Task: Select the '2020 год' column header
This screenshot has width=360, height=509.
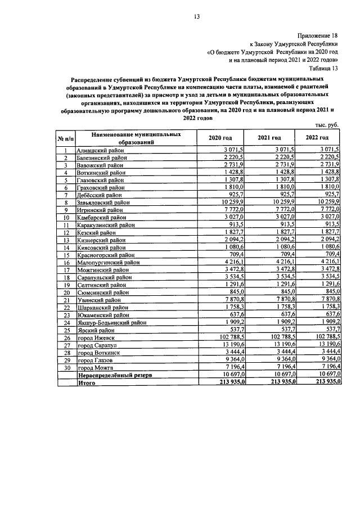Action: click(x=220, y=138)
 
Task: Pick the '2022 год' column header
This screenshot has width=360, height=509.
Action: click(x=317, y=138)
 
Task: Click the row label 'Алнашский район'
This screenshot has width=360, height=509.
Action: click(x=101, y=151)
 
